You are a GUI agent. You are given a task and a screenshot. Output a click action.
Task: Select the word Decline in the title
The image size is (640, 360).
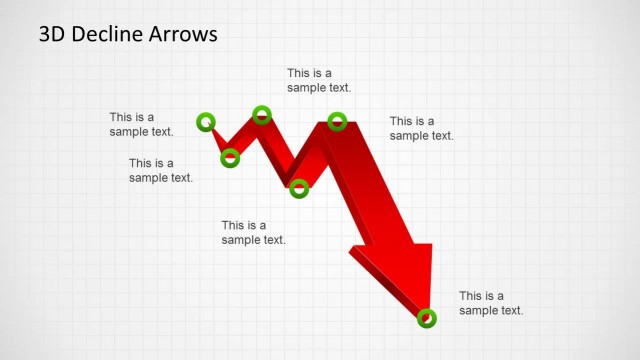click(103, 35)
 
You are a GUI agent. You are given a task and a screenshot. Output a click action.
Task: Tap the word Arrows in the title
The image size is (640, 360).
click(180, 35)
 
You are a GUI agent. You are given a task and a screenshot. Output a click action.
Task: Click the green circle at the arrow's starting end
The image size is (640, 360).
click(206, 122)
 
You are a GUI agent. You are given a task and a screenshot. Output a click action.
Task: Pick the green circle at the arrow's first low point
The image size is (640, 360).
click(230, 157)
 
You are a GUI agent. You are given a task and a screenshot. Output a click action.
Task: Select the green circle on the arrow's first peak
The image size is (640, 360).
click(261, 115)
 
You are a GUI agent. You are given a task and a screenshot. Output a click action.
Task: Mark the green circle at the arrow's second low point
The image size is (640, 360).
click(298, 186)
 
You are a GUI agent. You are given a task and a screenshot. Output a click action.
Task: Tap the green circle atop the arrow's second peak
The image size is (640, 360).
click(337, 122)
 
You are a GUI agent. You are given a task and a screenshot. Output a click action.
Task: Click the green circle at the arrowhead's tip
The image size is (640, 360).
click(426, 318)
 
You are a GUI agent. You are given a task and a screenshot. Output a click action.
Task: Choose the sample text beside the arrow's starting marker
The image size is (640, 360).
click(141, 124)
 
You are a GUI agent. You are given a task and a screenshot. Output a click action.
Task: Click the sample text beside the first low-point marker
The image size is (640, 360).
click(160, 170)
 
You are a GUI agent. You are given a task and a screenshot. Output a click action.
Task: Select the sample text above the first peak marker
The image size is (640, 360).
click(319, 80)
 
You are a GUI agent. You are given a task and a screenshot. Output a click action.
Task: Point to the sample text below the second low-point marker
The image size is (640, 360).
click(253, 232)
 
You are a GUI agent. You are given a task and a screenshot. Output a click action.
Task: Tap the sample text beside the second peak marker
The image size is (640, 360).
click(421, 128)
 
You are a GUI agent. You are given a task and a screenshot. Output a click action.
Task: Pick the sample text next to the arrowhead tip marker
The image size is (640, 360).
click(491, 303)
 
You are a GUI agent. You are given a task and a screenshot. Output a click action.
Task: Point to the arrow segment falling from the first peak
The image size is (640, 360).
click(280, 150)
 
